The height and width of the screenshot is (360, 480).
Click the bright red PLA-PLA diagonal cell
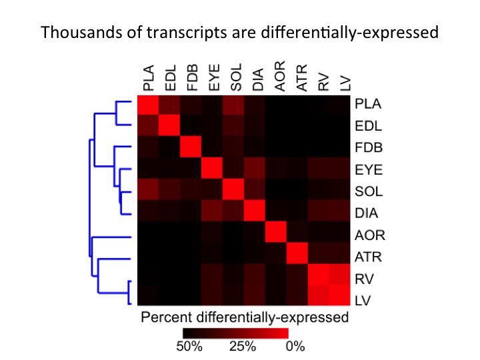147,105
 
